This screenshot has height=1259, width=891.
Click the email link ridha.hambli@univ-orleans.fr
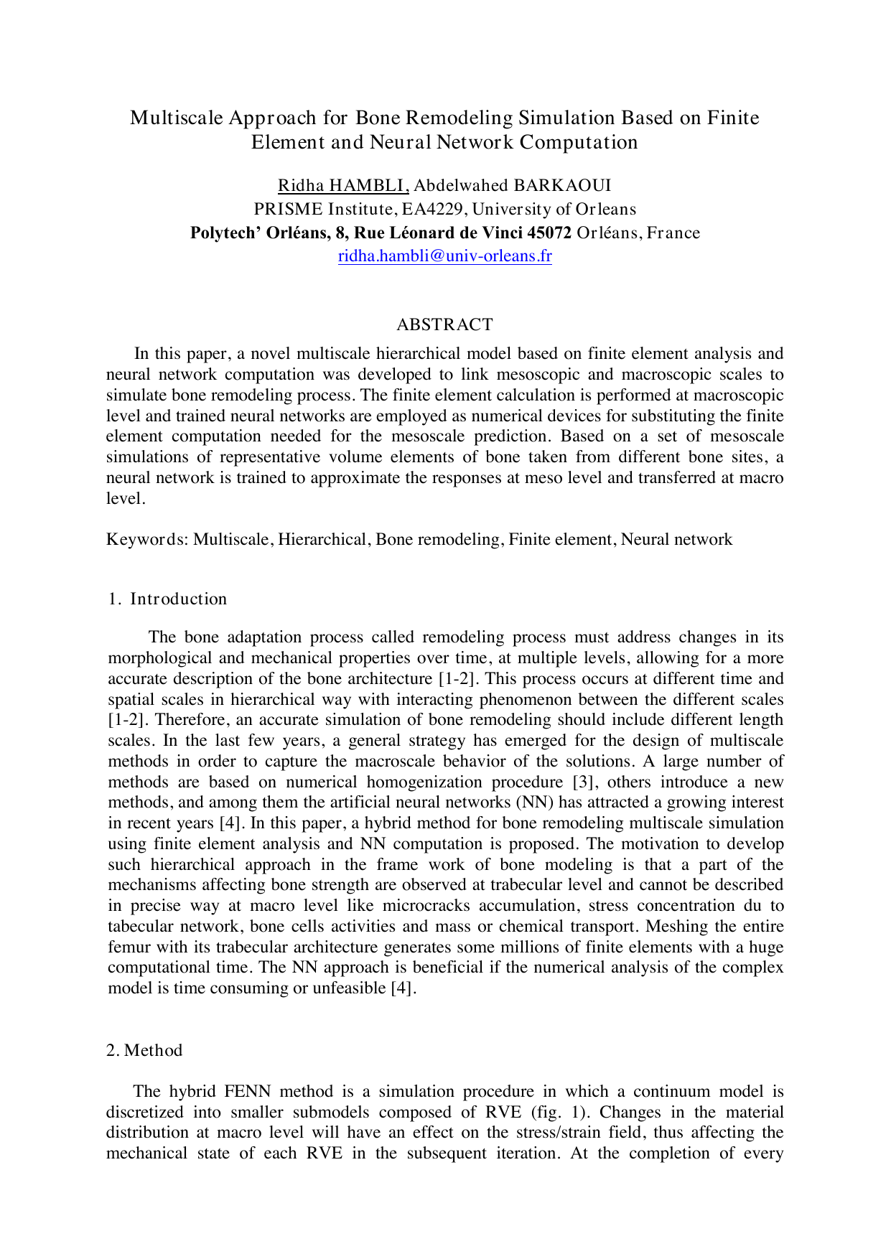pos(444,256)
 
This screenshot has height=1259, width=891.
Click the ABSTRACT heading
pos(444,324)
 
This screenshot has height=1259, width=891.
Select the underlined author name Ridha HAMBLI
pos(342,186)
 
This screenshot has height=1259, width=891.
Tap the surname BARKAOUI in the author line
pos(562,186)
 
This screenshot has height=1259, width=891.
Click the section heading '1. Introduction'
pos(167,599)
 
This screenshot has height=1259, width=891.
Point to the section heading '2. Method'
pos(144,1050)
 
